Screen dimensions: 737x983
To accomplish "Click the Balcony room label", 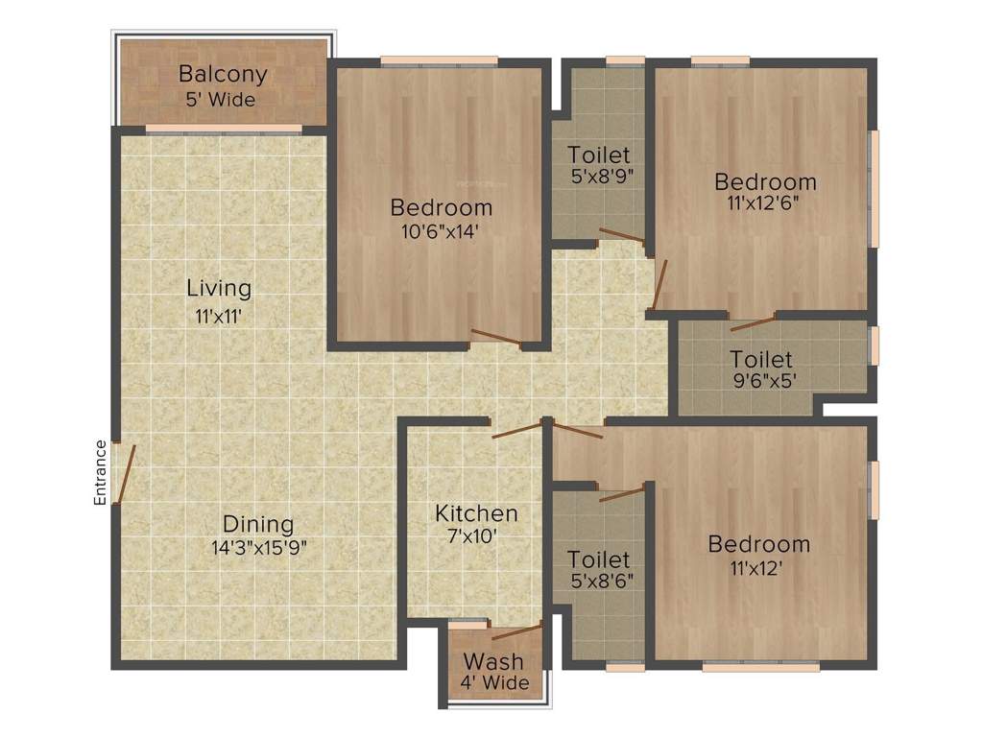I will [223, 74].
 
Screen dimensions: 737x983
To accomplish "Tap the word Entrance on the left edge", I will [99, 472].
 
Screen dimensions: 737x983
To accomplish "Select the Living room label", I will [219, 287].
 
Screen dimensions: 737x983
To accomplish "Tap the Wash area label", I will [493, 661].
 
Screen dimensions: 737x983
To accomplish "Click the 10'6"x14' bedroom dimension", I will [441, 230].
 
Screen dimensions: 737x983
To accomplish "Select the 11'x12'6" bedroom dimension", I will [765, 203].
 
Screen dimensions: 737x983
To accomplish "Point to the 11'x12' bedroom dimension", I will [758, 567].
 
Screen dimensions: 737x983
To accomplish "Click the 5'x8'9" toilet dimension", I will [599, 176].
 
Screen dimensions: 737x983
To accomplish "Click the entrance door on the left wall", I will [123, 472].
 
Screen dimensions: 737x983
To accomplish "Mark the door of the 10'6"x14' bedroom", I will [495, 337].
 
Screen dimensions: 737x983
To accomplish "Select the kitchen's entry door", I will [516, 430].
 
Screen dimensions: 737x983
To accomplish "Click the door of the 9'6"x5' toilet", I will [753, 322].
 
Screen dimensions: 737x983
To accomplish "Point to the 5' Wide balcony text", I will [222, 98].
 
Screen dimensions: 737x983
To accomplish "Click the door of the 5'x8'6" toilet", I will [621, 494].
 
